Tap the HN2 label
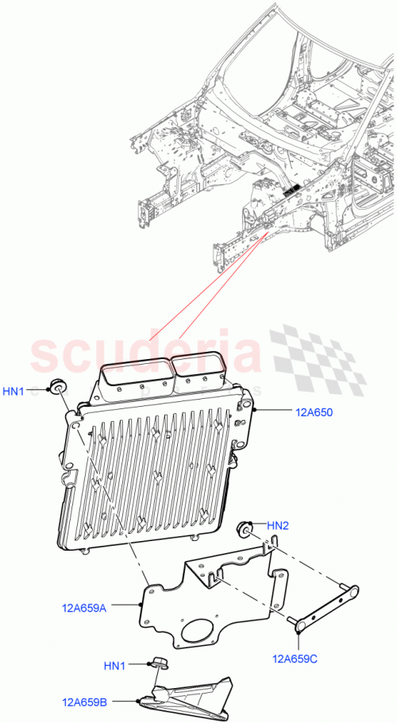coord(277,525)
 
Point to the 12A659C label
coord(295,658)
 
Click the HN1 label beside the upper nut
coord(15,390)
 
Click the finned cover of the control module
coord(151,477)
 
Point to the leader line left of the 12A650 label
coord(274,411)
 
